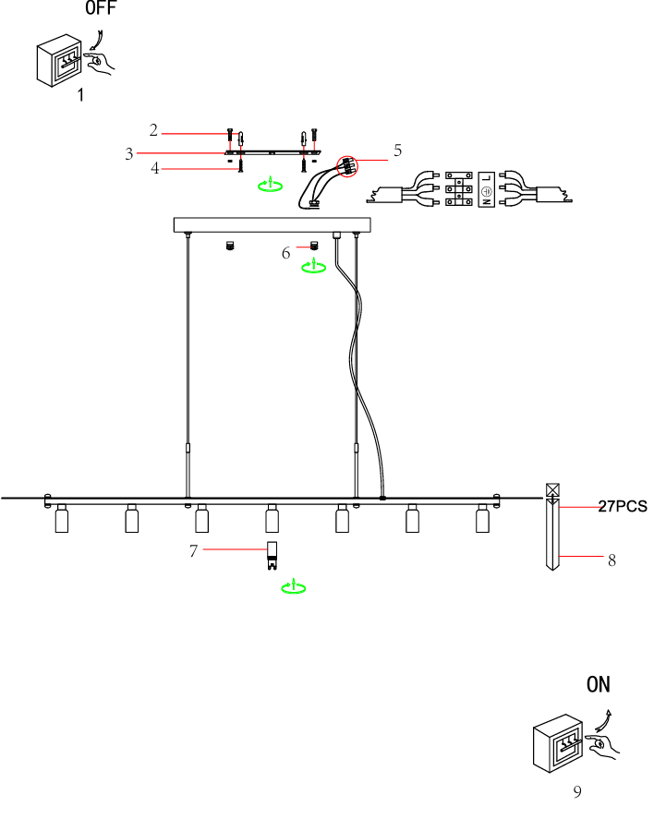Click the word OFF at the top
tap(102, 9)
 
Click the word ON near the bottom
tap(599, 685)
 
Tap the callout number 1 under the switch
tap(80, 95)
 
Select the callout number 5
tap(397, 150)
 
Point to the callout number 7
tap(193, 551)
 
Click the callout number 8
tap(612, 560)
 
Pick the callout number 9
tap(577, 791)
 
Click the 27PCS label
tap(623, 506)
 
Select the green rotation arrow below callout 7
tap(294, 586)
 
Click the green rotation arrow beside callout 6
tap(314, 267)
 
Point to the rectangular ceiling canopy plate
tap(272, 225)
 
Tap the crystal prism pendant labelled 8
tap(553, 531)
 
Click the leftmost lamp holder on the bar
tap(62, 519)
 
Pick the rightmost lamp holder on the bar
tap(481, 519)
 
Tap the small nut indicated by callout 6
tap(314, 245)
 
